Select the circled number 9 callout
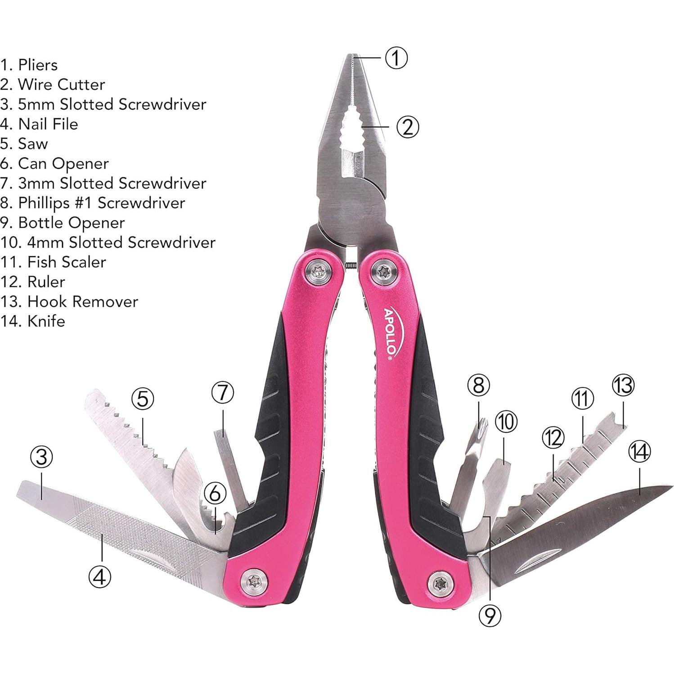point(490,615)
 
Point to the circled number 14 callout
point(639,451)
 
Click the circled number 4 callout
point(100,576)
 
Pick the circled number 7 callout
point(223,392)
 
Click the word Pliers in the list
point(38,65)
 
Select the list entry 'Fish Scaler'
point(67,262)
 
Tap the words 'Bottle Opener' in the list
point(71,223)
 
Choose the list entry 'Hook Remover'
point(82,301)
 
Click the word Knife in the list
point(46,321)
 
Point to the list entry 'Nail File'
point(48,124)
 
